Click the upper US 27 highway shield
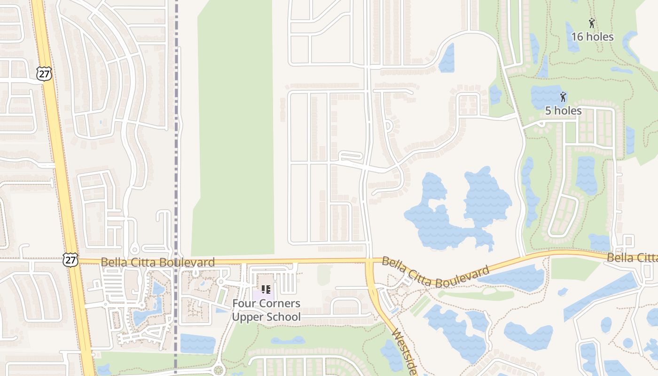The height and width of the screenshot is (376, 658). (44, 73)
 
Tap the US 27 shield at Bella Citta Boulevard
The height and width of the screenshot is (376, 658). (70, 259)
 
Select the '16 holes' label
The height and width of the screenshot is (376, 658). (592, 37)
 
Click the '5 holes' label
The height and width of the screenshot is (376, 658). (564, 111)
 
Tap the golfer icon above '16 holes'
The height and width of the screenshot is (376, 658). (592, 23)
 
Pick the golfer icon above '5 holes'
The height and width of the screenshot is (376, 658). (563, 97)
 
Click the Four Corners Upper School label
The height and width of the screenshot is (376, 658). (266, 310)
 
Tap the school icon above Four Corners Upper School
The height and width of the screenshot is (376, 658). (266, 290)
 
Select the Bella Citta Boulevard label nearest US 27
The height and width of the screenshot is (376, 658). (158, 262)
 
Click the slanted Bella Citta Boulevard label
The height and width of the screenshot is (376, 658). (435, 272)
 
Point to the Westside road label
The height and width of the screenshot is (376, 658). (404, 352)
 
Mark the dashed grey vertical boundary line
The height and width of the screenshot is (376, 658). (176, 141)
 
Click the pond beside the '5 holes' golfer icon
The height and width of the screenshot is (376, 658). (545, 96)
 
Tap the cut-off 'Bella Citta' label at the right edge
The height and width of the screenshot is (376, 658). (632, 258)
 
